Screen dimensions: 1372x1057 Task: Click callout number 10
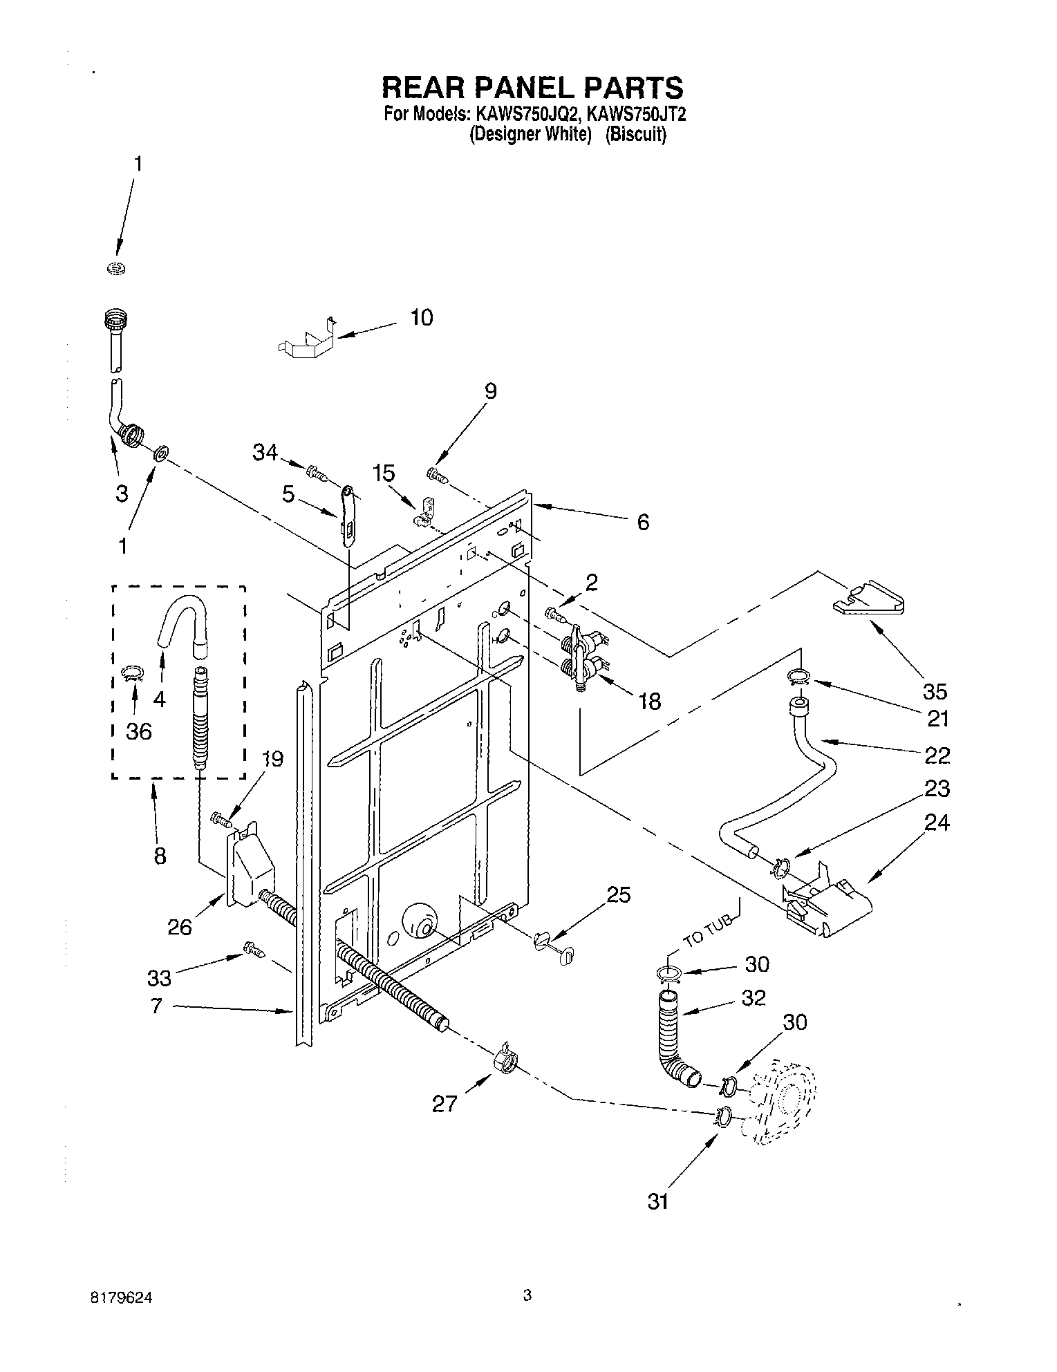pos(421,318)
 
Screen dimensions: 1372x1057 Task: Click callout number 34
pos(265,453)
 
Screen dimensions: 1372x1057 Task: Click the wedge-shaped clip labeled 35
pos(868,598)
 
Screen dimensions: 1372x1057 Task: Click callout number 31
pos(657,1201)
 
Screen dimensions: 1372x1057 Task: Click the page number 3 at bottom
pos(527,1295)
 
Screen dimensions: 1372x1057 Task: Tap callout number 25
pos(619,895)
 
